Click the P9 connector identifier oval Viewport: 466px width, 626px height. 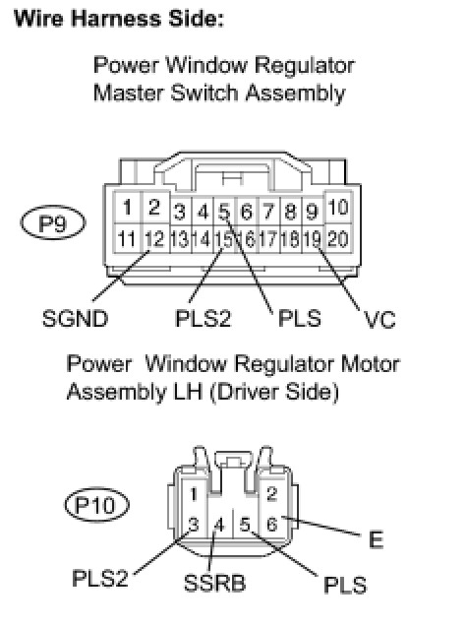tap(53, 222)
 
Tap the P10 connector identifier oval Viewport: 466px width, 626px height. tap(97, 505)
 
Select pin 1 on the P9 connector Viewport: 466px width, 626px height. tap(128, 208)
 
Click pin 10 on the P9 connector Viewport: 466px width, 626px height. tap(338, 208)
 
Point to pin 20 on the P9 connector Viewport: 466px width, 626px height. tap(338, 239)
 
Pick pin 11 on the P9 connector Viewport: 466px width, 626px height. tap(128, 239)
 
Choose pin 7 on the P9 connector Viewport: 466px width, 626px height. tap(269, 211)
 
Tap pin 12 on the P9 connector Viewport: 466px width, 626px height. tap(155, 239)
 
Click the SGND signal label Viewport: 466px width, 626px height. tap(75, 319)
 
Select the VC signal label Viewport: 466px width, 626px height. tap(379, 319)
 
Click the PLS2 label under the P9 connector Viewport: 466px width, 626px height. tap(203, 319)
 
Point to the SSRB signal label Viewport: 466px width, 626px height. tap(214, 583)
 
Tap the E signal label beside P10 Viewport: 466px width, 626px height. tap(376, 539)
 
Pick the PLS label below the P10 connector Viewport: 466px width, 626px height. tap(345, 585)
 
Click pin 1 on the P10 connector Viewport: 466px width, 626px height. tap(194, 494)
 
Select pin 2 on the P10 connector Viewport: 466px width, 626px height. tap(272, 494)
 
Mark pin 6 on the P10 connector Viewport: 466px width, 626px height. tap(272, 525)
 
